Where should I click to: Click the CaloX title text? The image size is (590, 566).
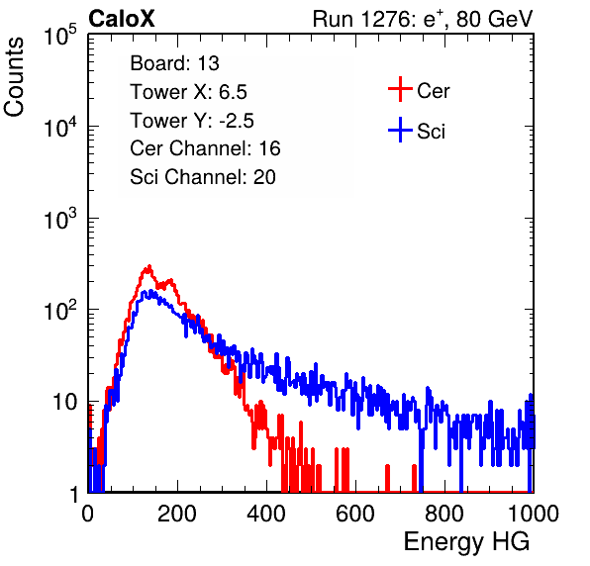click(x=121, y=19)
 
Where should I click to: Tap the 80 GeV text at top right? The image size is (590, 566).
click(x=494, y=19)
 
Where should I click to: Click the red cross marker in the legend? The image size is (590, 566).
click(x=400, y=89)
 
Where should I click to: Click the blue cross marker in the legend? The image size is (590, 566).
click(x=400, y=130)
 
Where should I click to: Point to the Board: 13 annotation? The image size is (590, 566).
click(x=174, y=63)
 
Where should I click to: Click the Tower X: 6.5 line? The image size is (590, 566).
click(x=188, y=92)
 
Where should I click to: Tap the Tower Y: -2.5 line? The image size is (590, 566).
click(x=192, y=121)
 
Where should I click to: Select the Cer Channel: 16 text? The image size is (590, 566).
click(x=205, y=148)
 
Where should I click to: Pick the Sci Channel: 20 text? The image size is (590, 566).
click(x=203, y=177)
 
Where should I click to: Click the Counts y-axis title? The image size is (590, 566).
click(x=14, y=77)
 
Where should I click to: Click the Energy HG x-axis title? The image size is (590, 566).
click(x=466, y=542)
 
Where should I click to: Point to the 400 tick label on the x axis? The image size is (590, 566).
click(x=266, y=514)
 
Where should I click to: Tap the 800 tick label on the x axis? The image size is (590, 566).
click(x=444, y=514)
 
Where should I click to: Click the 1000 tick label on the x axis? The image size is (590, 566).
click(x=534, y=514)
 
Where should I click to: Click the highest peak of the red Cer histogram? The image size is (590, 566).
click(x=149, y=267)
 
